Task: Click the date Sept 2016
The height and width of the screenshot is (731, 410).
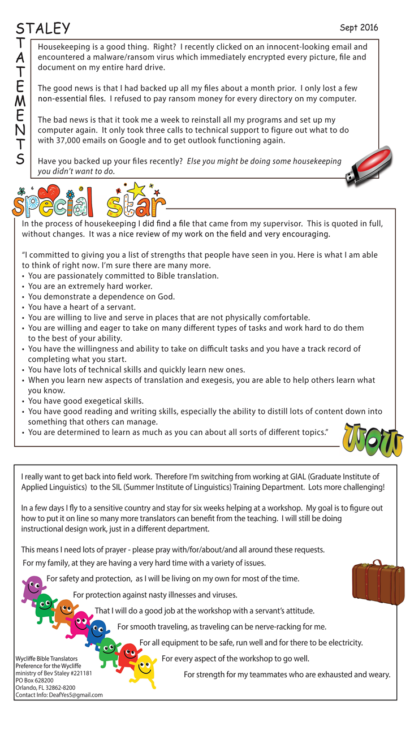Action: point(359,28)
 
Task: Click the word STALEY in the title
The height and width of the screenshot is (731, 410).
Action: point(43,28)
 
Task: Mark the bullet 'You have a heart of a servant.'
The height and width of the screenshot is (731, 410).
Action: point(81,307)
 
